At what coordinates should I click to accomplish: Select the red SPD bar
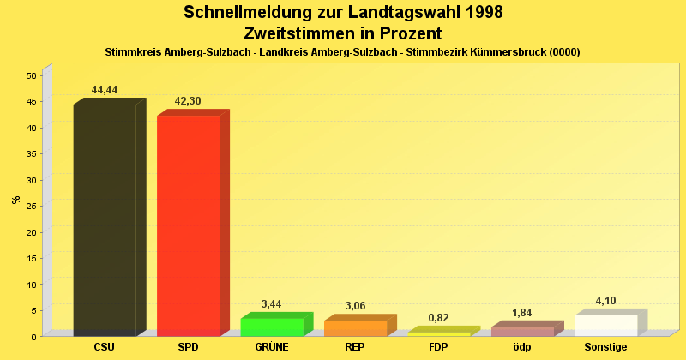(x=188, y=225)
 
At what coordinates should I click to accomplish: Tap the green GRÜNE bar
(x=272, y=327)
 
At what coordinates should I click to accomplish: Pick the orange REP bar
(x=355, y=327)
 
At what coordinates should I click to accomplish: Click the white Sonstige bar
(x=605, y=325)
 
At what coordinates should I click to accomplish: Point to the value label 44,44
(x=105, y=90)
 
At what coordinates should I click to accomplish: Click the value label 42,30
(x=188, y=101)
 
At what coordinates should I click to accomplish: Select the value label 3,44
(x=271, y=304)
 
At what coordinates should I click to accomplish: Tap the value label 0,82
(x=438, y=318)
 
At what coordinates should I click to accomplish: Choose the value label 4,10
(x=605, y=301)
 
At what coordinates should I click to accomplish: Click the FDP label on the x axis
(x=438, y=347)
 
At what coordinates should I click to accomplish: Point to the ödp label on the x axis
(x=521, y=347)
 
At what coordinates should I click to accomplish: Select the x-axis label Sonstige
(x=605, y=347)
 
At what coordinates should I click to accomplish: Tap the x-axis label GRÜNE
(x=271, y=347)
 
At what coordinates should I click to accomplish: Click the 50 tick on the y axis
(x=31, y=75)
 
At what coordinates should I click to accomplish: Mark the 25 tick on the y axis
(x=31, y=206)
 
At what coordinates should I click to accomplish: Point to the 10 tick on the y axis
(x=31, y=285)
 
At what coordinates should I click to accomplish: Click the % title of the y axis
(x=16, y=200)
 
